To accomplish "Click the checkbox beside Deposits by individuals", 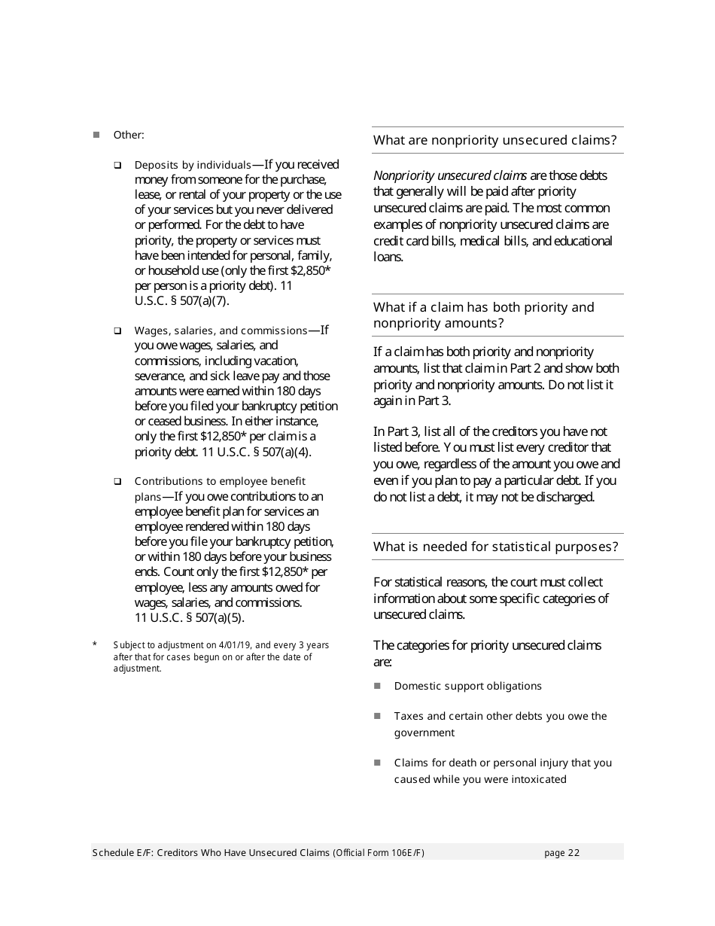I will coord(117,165).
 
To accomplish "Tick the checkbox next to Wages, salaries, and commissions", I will coord(117,330).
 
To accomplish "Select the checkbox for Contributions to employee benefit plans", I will coord(117,481).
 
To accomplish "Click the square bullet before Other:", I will coord(96,135).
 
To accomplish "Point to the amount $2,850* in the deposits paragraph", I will coord(311,270).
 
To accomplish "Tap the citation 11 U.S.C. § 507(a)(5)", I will coord(190,617).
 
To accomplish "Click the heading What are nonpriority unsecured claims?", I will coord(494,140).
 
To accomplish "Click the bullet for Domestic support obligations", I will coord(378,686).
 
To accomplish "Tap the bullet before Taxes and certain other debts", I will coord(378,716).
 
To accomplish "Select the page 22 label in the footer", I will coord(561,852).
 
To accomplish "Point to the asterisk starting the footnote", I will coord(95,644).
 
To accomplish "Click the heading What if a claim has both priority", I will coord(483,307).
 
